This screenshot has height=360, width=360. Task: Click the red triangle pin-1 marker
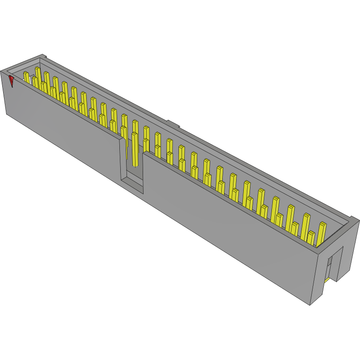pos(11,81)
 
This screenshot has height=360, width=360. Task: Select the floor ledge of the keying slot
pos(133,182)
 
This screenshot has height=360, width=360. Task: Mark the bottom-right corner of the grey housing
pos(310,305)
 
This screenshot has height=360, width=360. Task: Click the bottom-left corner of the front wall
pos(7,114)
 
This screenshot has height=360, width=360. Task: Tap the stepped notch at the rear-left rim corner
pos(43,57)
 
